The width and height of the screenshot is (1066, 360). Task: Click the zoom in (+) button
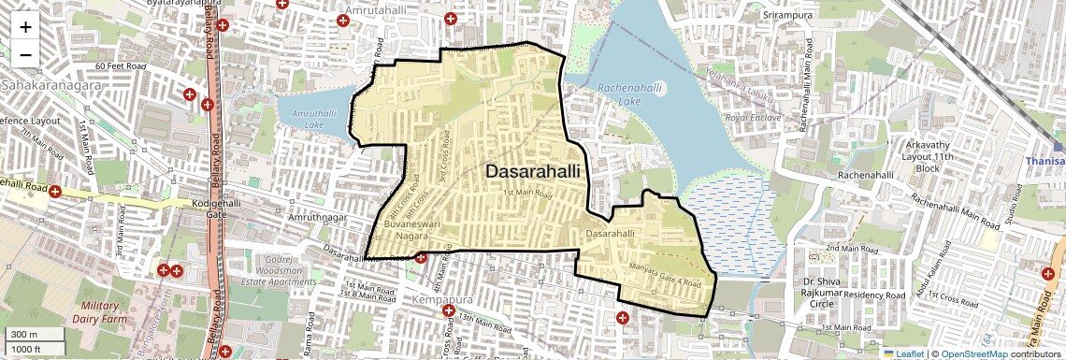point(25,26)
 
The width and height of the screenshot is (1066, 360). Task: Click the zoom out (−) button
point(25,54)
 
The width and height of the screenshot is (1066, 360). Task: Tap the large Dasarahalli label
point(532,172)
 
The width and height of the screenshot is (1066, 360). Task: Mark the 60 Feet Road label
point(122,67)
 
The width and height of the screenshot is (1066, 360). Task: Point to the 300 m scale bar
point(33,334)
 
